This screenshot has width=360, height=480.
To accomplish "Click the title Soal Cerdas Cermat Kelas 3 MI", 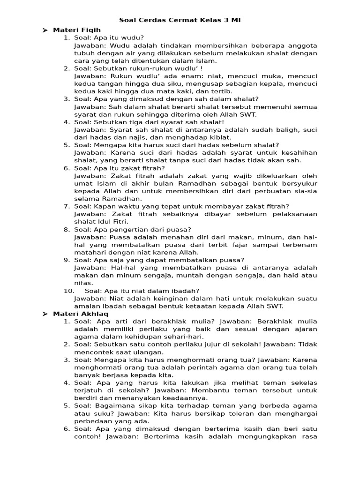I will (x=180, y=20).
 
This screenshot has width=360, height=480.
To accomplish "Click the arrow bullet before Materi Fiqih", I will (x=45, y=30).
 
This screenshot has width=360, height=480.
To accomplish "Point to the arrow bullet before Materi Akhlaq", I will (x=45, y=314).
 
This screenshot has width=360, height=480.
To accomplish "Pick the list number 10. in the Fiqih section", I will (x=69, y=291).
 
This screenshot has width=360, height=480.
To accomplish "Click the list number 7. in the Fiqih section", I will (x=67, y=206).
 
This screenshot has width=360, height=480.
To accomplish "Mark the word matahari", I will (x=89, y=252).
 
